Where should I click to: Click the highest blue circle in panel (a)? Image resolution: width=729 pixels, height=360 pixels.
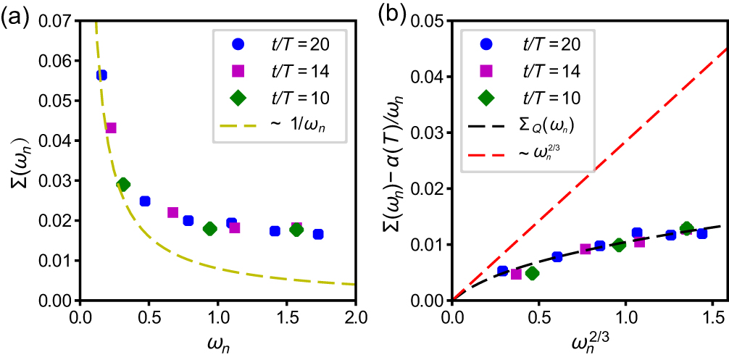(x=101, y=75)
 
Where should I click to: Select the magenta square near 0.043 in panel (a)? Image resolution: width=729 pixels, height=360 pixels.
(x=111, y=128)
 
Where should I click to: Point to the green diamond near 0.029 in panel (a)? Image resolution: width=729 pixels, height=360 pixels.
(x=123, y=184)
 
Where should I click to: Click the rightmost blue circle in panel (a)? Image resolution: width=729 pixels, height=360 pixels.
(x=318, y=234)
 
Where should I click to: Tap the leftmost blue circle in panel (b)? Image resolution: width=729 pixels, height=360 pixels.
(x=503, y=271)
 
